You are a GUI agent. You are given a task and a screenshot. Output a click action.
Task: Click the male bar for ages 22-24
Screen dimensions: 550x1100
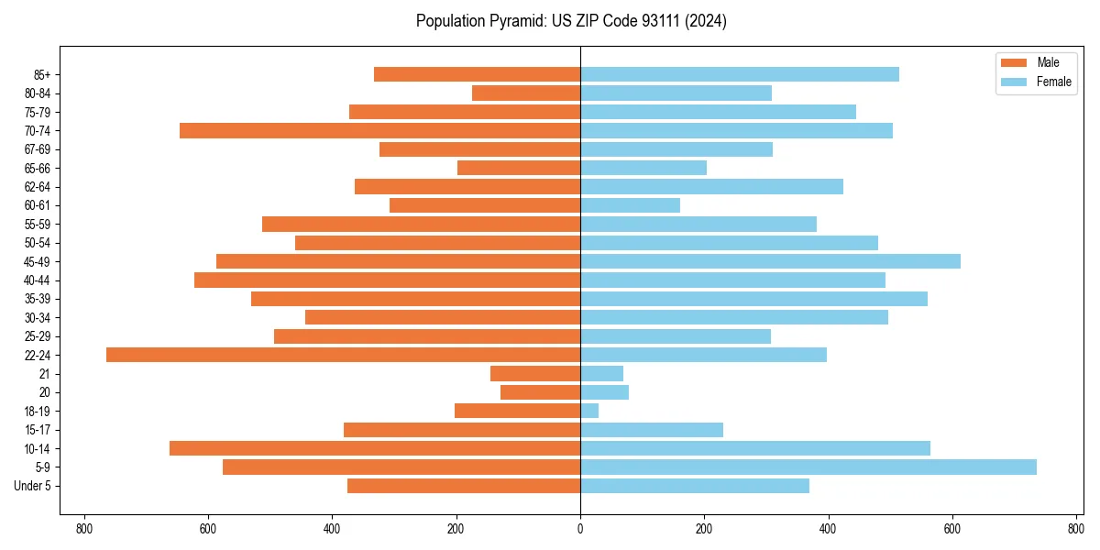coord(343,355)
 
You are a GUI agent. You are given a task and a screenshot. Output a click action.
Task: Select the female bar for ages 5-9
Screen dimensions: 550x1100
coord(808,467)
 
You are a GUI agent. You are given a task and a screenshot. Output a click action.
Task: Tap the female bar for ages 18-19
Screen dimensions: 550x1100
coord(589,411)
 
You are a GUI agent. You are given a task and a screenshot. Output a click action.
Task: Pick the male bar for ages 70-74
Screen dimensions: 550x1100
coord(379,130)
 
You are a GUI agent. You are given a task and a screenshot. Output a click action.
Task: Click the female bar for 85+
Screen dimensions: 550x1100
coord(740,74)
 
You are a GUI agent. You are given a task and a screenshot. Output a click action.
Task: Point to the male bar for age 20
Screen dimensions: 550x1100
coord(540,392)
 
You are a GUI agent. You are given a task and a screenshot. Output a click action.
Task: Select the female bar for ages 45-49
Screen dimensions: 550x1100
coord(770,261)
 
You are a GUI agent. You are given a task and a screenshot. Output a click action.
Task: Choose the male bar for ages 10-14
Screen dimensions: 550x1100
coord(375,448)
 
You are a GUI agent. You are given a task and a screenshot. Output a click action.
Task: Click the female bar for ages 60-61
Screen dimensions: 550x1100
coord(630,205)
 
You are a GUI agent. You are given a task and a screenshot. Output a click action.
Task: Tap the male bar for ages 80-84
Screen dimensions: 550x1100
coord(526,93)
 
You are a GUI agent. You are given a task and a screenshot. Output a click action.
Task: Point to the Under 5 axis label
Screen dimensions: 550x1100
coord(33,486)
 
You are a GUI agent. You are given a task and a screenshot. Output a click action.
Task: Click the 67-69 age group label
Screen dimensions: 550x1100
coord(38,149)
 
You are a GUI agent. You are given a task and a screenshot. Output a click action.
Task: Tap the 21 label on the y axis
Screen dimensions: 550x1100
coord(44,374)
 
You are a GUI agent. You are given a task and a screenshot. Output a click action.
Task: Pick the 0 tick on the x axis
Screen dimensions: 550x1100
coord(580,529)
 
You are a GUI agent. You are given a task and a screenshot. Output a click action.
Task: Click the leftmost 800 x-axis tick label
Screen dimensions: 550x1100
coord(84,529)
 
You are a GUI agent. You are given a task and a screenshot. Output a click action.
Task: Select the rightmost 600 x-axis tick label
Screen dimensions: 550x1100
coord(952,529)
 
